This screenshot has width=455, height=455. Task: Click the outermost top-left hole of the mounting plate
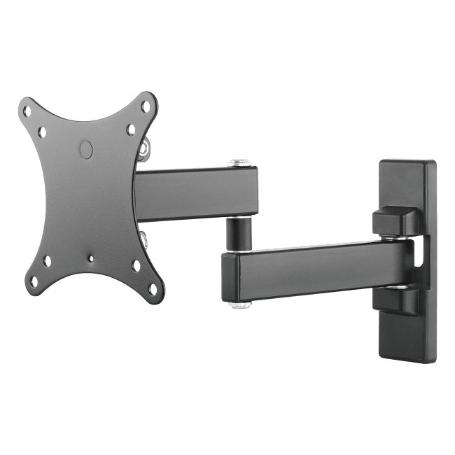point(27,111)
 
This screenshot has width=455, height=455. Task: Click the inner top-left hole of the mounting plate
point(42,131)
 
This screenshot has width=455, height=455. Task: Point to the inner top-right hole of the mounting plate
point(131,129)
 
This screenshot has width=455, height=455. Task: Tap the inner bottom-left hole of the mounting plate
point(47,261)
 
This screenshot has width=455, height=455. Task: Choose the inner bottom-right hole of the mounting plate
point(136,266)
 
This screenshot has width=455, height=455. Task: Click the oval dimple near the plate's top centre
point(85,149)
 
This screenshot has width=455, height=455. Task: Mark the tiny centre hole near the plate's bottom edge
point(90,258)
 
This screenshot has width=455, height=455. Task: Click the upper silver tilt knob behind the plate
point(143,148)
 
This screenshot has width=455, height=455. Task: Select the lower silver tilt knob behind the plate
point(143,239)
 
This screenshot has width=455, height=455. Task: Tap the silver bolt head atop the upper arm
point(239,164)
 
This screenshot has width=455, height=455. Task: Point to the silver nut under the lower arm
point(240,304)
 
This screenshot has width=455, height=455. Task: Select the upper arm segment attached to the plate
point(196,193)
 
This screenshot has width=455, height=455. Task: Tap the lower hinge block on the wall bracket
point(395,302)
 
